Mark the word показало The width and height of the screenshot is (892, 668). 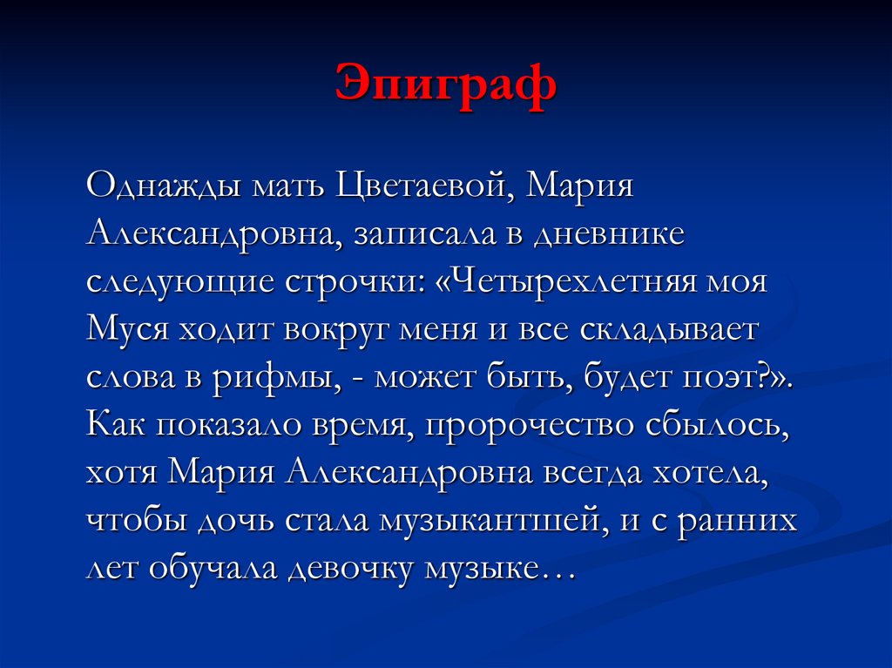pos(232,427)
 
